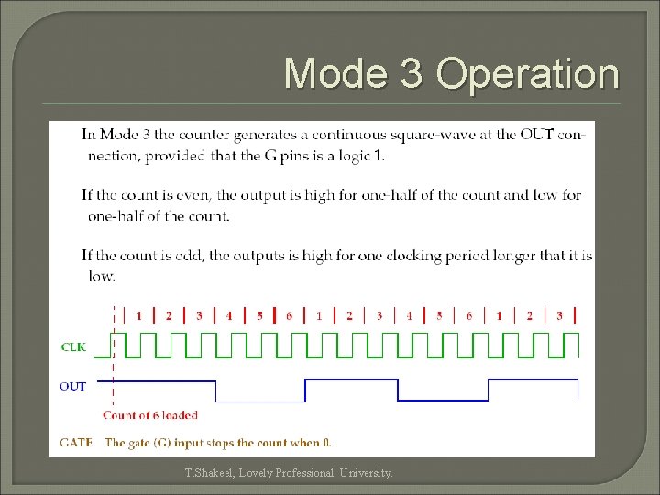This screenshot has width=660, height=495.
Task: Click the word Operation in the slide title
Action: tap(528, 74)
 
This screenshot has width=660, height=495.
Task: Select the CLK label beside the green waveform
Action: tap(74, 346)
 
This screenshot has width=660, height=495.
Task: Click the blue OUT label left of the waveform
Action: tap(72, 386)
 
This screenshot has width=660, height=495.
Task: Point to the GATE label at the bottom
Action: tap(76, 443)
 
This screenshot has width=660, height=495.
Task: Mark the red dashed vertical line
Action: tap(114, 367)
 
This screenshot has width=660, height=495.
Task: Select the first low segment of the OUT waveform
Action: tap(260, 401)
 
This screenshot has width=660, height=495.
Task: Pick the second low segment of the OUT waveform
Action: tap(442, 401)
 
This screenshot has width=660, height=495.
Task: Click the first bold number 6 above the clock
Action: tap(289, 316)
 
